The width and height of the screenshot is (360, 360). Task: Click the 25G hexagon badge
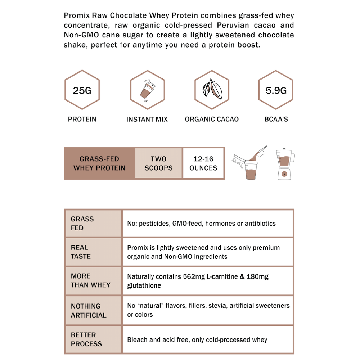click(x=82, y=90)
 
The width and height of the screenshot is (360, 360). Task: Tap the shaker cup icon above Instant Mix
click(x=147, y=90)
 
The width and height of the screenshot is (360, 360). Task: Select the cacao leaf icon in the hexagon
click(x=212, y=90)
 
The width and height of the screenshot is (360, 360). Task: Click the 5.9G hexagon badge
click(x=276, y=90)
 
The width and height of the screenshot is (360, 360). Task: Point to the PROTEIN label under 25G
click(x=82, y=119)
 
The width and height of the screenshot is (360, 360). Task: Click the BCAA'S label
click(x=276, y=119)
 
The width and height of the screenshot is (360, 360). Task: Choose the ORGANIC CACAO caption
click(x=212, y=119)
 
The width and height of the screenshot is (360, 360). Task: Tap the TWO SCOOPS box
click(x=159, y=163)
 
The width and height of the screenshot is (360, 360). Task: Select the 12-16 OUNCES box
click(x=203, y=163)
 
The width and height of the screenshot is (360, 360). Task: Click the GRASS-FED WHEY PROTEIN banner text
click(x=99, y=163)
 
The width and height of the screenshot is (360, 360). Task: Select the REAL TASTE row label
click(x=80, y=252)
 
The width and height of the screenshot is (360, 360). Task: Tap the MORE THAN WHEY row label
click(x=90, y=280)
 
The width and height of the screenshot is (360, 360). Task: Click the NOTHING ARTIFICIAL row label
click(x=89, y=310)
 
